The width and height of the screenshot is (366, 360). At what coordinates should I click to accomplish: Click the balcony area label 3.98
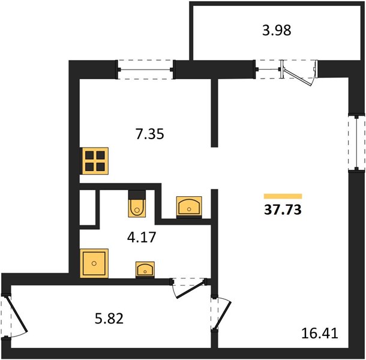coord(277,31)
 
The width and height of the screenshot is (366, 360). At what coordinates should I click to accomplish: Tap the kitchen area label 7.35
coord(150,134)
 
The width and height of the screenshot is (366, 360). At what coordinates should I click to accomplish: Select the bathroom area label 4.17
coord(142,237)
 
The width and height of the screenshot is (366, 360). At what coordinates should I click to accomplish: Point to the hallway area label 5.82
coord(109,319)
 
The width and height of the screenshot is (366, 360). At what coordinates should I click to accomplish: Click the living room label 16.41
coord(320,333)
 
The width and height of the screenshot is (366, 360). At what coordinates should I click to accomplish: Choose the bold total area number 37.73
coord(283,209)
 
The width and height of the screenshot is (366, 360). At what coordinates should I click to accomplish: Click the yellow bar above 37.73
coord(283,196)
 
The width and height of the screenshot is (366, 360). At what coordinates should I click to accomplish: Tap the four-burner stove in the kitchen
coord(94,161)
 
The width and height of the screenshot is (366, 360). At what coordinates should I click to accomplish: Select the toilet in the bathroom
coord(137,204)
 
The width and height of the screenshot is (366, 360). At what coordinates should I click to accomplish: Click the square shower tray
coord(94,263)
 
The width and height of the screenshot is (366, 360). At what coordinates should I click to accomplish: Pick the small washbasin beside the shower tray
coord(145,269)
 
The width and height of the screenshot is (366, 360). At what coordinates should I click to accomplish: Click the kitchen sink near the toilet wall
coord(189,208)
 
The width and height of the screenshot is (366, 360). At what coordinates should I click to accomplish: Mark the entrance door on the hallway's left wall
coord(14,317)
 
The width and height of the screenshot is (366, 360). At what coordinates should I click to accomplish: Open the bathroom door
coord(188,288)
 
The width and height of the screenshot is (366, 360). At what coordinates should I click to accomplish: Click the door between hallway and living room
coord(221,314)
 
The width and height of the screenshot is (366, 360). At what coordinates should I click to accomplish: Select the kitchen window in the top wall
coord(145,70)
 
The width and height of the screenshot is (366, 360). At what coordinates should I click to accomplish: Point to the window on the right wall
coord(356,143)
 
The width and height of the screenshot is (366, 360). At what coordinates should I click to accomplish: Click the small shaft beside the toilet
coord(88,208)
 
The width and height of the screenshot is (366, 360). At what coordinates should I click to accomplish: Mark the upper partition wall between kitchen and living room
coord(214,113)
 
